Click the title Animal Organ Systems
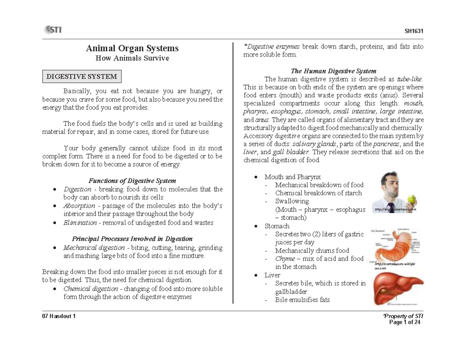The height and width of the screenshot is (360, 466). click(x=132, y=48)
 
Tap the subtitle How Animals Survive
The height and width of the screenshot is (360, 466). click(x=132, y=58)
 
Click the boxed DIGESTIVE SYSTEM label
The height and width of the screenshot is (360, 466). click(x=82, y=77)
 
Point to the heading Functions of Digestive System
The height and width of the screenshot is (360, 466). click(x=132, y=181)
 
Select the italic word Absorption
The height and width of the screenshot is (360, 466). click(x=79, y=205)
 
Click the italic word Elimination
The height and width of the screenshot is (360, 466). click(x=80, y=223)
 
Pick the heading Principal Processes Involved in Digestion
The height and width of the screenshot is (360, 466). click(x=132, y=238)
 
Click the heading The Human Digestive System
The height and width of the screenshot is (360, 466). click(x=333, y=71)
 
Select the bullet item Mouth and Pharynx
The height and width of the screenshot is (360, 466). click(x=292, y=177)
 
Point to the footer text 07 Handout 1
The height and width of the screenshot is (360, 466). click(x=59, y=316)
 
